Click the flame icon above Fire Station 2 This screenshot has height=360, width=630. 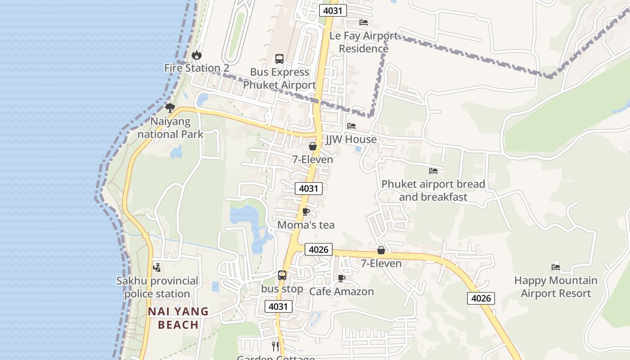197,55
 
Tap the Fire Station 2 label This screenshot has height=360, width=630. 197,68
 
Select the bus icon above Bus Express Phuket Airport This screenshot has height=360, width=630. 279,59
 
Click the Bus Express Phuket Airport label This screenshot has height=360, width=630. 279,78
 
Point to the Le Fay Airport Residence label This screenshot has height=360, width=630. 364,42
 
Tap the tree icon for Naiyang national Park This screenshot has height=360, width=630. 170,108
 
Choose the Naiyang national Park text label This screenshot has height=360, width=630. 171,128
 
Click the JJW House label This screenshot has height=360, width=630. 351,139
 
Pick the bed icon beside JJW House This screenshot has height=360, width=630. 351,126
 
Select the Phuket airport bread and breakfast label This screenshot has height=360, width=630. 433,190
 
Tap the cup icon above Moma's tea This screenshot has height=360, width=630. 306,211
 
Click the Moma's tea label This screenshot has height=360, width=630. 306,225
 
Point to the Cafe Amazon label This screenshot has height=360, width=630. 342,292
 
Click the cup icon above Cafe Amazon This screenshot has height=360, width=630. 342,278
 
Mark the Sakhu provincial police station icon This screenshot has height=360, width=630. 157,268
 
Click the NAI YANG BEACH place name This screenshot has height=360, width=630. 178,318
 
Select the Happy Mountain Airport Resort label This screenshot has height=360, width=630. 556,287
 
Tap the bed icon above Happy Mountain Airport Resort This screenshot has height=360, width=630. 556,267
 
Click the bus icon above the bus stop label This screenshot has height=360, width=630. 282,275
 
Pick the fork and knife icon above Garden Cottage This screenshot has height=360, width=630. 275,346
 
